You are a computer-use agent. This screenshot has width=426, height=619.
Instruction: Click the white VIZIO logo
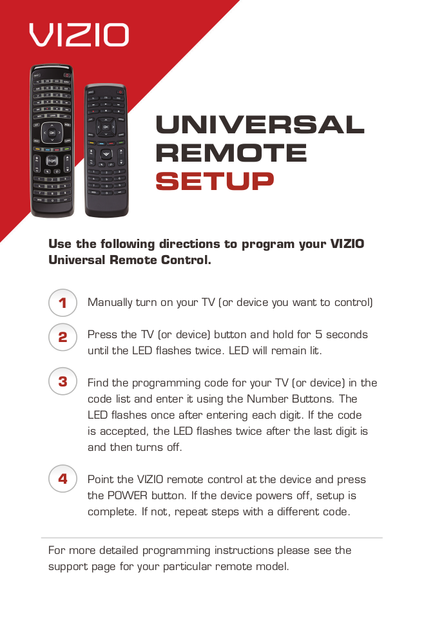pyautogui.click(x=79, y=34)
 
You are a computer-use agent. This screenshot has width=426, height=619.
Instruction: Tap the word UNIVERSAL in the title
pyautogui.click(x=260, y=124)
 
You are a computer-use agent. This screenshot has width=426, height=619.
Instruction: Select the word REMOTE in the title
pyautogui.click(x=231, y=153)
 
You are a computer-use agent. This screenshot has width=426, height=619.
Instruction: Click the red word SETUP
pyautogui.click(x=215, y=181)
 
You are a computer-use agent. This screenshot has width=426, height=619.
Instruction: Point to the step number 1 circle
pyautogui.click(x=63, y=303)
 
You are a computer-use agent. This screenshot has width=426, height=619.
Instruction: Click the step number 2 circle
pyautogui.click(x=63, y=337)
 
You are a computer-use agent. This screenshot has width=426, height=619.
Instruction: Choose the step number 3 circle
pyautogui.click(x=63, y=381)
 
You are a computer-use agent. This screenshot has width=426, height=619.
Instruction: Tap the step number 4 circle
pyautogui.click(x=63, y=479)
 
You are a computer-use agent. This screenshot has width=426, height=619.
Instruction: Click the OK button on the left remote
pyautogui.click(x=52, y=133)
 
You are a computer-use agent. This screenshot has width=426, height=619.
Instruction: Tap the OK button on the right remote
pyautogui.click(x=106, y=127)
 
